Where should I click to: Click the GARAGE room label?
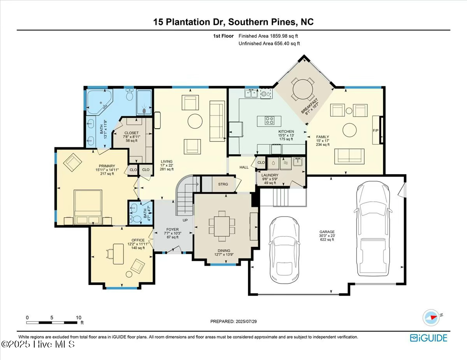[327, 232]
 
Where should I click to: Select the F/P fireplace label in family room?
[376, 130]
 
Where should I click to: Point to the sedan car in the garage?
[284, 251]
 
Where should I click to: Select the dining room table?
[222, 226]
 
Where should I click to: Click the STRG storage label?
[223, 184]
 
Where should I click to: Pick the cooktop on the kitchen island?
[269, 121]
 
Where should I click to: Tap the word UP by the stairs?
[185, 220]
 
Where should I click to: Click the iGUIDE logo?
[428, 338]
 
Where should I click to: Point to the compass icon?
[431, 317]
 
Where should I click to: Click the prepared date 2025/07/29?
[233, 322]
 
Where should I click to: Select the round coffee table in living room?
[195, 121]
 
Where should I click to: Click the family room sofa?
[349, 156]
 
